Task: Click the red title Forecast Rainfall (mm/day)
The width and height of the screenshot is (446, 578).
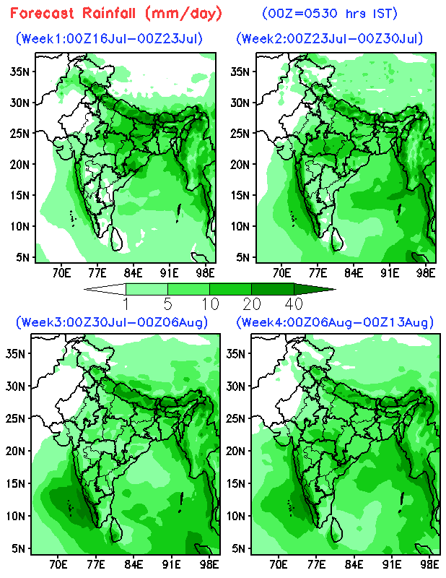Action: [x=115, y=13]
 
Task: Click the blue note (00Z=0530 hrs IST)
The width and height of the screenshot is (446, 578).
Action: [x=330, y=13]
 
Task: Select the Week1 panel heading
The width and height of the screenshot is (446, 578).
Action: [x=109, y=38]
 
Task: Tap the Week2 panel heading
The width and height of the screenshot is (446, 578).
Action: [x=330, y=38]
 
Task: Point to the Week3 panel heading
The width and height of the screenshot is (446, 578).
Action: [x=112, y=322]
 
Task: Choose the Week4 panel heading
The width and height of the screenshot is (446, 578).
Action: [x=335, y=322]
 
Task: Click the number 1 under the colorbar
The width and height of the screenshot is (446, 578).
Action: [x=126, y=304]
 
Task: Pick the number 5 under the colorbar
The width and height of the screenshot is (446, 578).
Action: [x=168, y=304]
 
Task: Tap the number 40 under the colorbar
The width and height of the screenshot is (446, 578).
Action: [x=294, y=304]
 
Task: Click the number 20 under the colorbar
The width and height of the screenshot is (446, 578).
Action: [x=252, y=304]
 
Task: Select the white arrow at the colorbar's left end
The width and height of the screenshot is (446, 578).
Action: [x=105, y=289]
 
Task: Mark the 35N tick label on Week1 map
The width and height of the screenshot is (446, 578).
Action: [x=19, y=71]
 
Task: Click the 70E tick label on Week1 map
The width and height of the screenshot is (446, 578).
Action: [x=61, y=273]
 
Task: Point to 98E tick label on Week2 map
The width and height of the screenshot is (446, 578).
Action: [x=426, y=273]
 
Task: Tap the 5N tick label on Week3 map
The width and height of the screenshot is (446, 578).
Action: [x=19, y=548]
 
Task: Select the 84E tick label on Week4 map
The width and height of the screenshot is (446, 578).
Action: [x=354, y=564]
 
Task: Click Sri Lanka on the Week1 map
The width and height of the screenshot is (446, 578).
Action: [x=117, y=239]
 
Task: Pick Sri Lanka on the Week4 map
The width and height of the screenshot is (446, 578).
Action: [x=337, y=530]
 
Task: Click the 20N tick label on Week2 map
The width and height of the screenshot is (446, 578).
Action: [x=240, y=165]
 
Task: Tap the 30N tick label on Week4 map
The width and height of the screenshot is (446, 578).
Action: [x=236, y=387]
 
